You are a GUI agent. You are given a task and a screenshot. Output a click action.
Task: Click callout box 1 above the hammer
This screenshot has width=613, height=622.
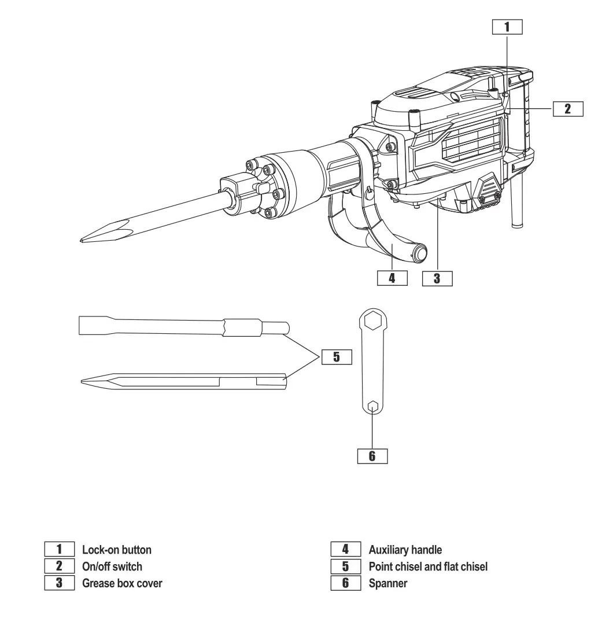tap(507, 27)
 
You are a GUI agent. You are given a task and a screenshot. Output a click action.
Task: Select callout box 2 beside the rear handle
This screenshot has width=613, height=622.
tap(567, 109)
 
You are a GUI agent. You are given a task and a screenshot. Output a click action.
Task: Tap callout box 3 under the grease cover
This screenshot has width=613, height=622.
tap(437, 278)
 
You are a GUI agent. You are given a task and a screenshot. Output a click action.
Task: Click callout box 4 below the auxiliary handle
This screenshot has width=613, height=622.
tap(392, 278)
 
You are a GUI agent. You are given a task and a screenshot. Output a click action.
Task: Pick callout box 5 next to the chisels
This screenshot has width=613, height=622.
tap(337, 357)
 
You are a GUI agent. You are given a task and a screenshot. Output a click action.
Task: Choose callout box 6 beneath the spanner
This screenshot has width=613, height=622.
tap(372, 455)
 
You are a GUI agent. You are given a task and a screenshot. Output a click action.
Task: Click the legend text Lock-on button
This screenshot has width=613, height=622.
tap(117, 549)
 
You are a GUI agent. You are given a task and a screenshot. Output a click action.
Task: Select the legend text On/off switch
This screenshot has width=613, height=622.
tap(112, 566)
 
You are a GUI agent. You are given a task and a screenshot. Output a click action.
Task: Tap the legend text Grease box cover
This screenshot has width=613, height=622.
tap(123, 584)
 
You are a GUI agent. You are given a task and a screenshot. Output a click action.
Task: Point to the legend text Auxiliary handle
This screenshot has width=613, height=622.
tap(405, 549)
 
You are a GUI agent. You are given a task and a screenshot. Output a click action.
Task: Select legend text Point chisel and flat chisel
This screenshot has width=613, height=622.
tap(427, 566)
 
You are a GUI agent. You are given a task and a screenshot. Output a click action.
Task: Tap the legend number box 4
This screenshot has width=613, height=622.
tap(345, 549)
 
